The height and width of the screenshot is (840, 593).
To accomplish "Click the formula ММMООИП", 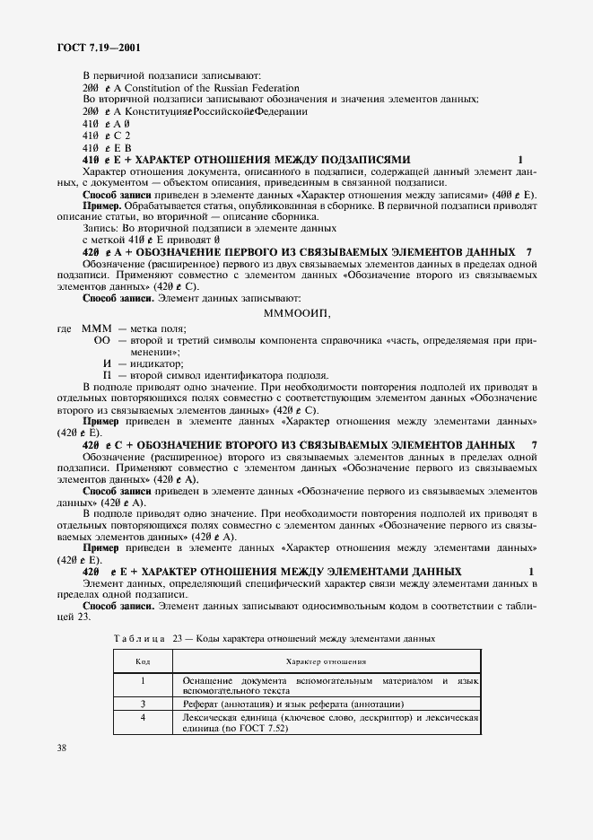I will click(298, 312).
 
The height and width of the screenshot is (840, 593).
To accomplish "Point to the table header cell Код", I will click(142, 661).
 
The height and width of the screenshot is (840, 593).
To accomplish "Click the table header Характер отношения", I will click(325, 661).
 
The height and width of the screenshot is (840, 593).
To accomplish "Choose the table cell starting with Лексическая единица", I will click(323, 723).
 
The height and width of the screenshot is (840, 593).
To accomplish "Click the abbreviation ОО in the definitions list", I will click(102, 341).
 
